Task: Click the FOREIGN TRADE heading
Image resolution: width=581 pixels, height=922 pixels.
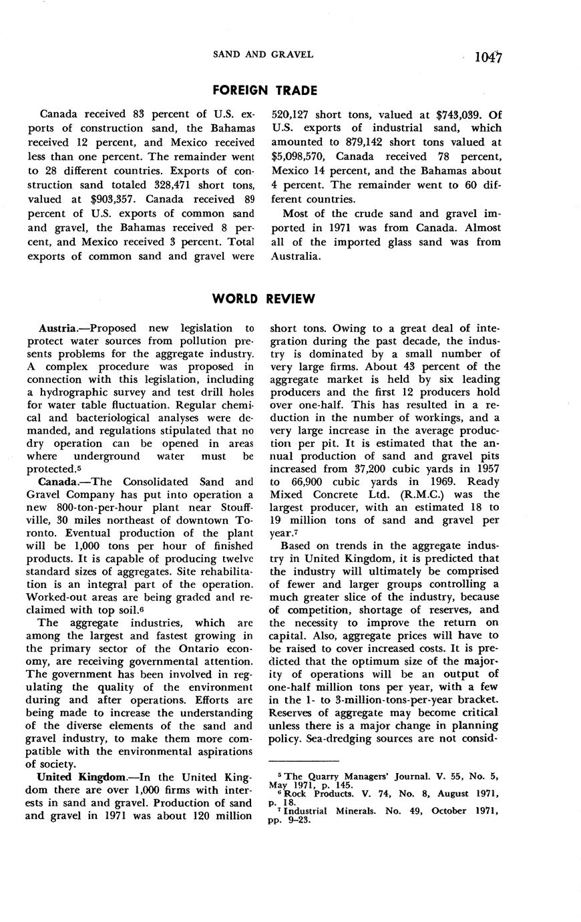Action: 264,90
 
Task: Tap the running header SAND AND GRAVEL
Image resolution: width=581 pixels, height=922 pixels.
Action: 262,54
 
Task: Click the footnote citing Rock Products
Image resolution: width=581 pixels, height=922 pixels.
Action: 383,797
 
